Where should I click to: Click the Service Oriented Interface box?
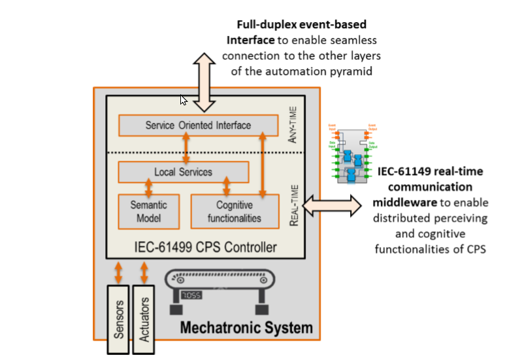click(x=198, y=125)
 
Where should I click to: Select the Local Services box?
click(x=183, y=172)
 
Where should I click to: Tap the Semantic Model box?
click(x=148, y=211)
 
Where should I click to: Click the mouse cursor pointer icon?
click(x=184, y=100)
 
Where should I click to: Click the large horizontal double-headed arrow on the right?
click(x=331, y=205)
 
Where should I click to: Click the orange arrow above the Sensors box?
click(x=119, y=271)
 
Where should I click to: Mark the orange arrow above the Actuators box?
click(x=145, y=271)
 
